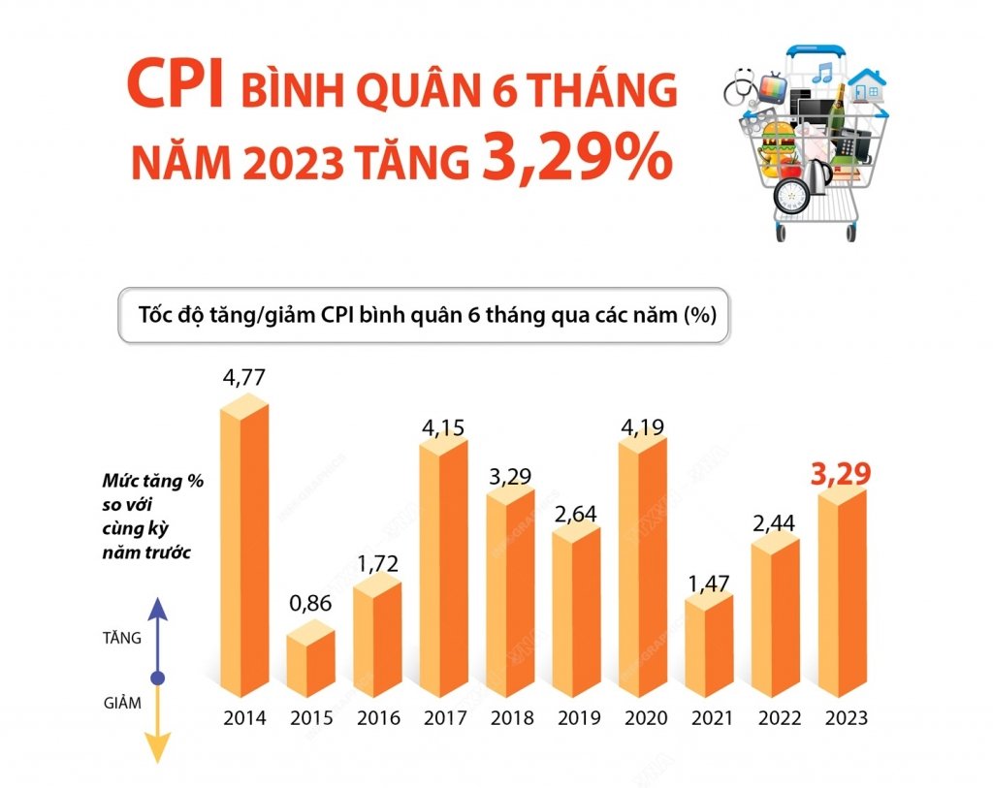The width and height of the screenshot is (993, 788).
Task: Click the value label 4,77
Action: [x=243, y=377]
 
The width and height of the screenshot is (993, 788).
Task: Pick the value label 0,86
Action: [x=310, y=602]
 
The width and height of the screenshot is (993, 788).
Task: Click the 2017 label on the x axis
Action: [x=444, y=719]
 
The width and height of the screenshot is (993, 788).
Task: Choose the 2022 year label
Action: [x=779, y=719]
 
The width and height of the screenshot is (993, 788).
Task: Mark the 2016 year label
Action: [x=377, y=719]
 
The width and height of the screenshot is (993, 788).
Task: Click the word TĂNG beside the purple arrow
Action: [x=122, y=638]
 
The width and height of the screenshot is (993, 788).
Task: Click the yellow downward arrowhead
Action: [x=158, y=748]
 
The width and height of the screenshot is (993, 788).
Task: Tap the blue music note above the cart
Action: [x=823, y=71]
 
